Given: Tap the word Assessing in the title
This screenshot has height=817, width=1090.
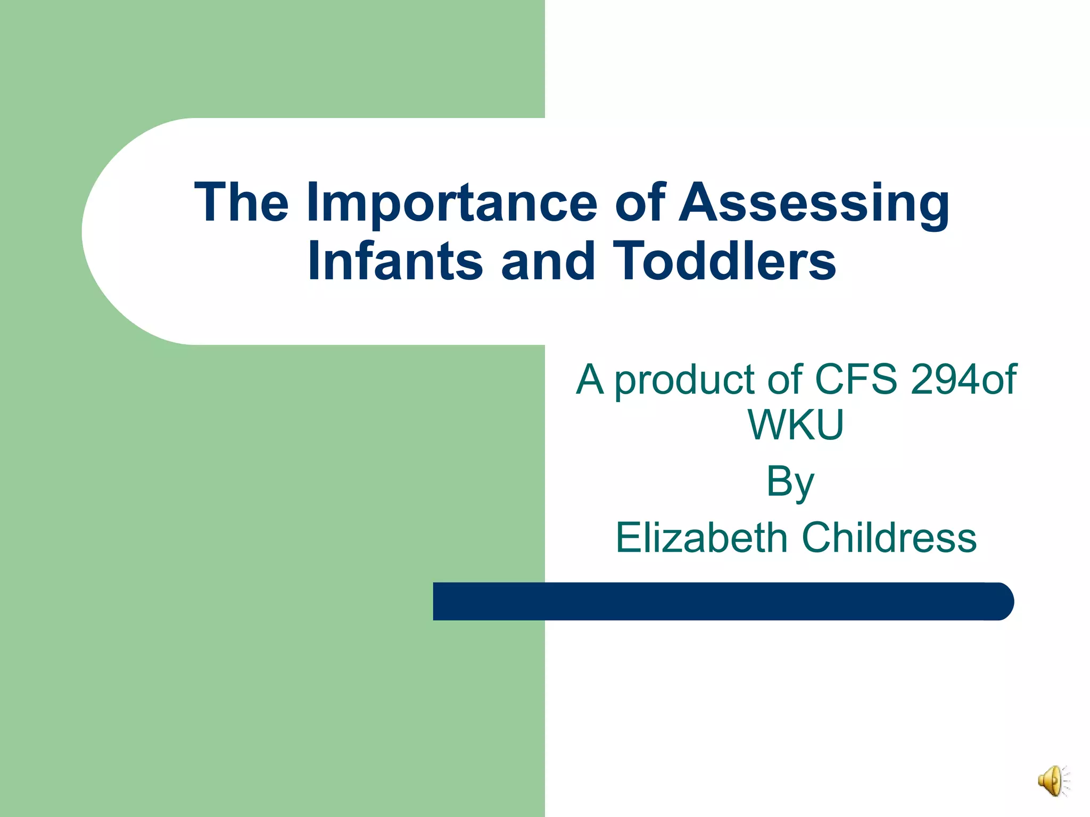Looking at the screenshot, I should pyautogui.click(x=814, y=203).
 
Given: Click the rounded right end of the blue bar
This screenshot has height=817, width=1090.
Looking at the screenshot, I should pyautogui.click(x=1001, y=601).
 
